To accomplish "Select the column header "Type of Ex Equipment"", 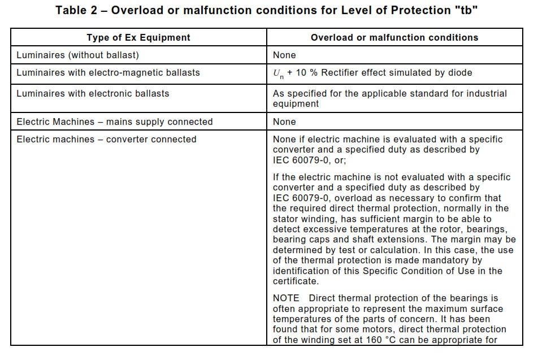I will coord(138,37).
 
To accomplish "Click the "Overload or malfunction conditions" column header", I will coord(394,37).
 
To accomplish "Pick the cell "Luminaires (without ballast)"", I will coord(77,55).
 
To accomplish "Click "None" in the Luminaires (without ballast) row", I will coord(284,55).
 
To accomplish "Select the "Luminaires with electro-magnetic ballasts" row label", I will coord(108,72).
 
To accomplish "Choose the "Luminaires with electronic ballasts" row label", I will coord(93,93).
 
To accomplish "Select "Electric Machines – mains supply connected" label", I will coord(115,122).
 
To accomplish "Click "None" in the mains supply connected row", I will coord(284,122).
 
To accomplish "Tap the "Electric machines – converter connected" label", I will coord(106,139).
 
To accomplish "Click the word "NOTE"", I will coord(287,298).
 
